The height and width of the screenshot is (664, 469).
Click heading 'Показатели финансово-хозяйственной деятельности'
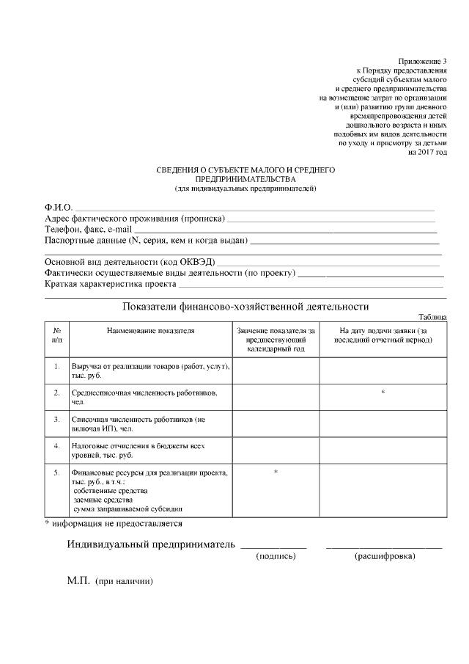point(245,307)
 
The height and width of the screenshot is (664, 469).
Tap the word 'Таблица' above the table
point(433,317)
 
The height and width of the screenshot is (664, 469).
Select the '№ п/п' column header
point(56,335)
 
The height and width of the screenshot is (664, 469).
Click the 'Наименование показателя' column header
point(150,331)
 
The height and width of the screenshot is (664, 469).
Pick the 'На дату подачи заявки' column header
point(383,335)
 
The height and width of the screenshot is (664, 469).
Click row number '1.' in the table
point(56,365)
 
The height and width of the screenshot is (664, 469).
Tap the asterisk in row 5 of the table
point(276,472)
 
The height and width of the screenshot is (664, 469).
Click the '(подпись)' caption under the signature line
point(276,557)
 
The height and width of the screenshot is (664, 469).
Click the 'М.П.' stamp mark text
point(78,581)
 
